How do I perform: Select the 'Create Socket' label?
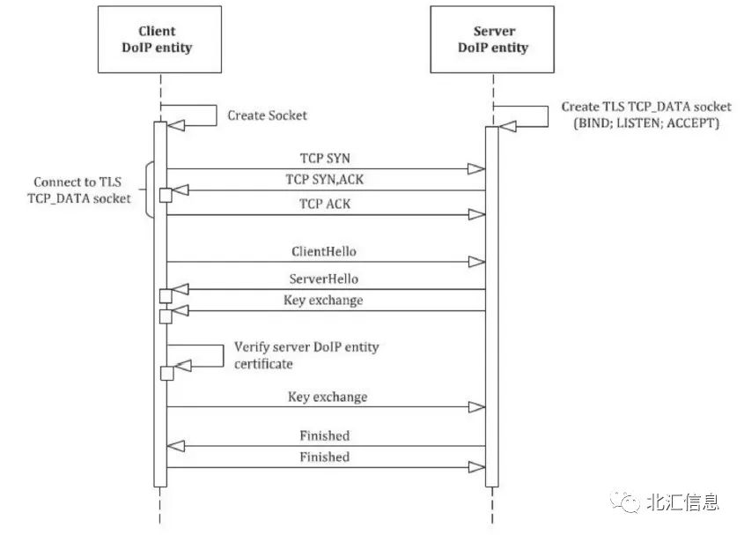coord(268,115)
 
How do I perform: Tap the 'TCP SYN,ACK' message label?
coord(325,179)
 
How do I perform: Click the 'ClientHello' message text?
coord(324,251)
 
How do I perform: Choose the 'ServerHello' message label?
coord(324,279)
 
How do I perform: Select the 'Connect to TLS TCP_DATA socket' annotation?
coord(80,191)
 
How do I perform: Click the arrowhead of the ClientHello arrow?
coord(477,262)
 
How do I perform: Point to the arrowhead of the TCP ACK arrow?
coord(477,214)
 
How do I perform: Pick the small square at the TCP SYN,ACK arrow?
coord(165,195)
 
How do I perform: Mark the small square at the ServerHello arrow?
coord(165,295)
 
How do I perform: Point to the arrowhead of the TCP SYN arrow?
coord(477,168)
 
